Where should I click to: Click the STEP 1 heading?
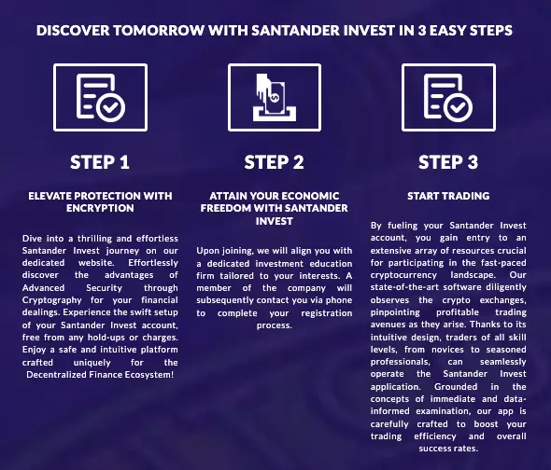(x=100, y=162)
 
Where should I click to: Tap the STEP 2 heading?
(x=275, y=162)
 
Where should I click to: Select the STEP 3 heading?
(x=448, y=162)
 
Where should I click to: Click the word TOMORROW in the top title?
(x=169, y=29)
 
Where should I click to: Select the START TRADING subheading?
(x=448, y=196)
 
